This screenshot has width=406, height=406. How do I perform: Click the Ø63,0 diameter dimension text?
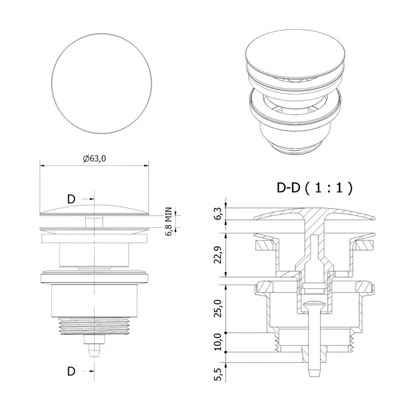(x=94, y=159)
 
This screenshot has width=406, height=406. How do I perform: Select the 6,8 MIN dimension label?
(x=168, y=221)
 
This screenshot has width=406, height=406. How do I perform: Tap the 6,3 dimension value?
(x=218, y=214)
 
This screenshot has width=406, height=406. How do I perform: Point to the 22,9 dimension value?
(x=218, y=255)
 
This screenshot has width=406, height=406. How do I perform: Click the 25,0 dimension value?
(x=218, y=308)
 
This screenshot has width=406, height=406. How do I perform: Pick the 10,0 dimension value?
(x=218, y=342)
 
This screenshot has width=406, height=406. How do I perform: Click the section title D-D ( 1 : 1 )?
(x=314, y=187)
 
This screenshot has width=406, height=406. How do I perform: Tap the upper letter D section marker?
(x=71, y=199)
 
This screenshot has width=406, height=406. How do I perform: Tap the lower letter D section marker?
(x=71, y=371)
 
